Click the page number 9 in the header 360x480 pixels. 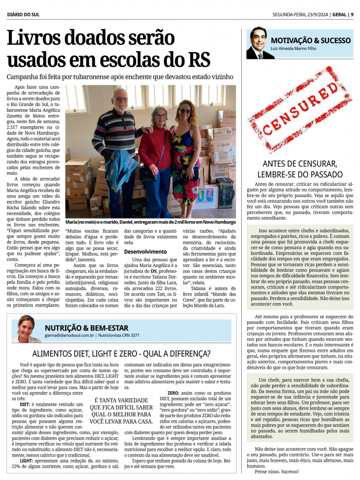pyautogui.click(x=352, y=15)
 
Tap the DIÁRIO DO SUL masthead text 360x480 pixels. pyautogui.click(x=23, y=15)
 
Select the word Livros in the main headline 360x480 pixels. pyautogui.click(x=35, y=37)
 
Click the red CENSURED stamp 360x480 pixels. pyautogui.click(x=299, y=112)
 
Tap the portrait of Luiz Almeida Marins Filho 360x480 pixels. pyautogui.click(x=259, y=44)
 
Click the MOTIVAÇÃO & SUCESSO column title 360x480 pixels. pyautogui.click(x=310, y=40)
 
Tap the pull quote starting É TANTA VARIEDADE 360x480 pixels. pyautogui.click(x=122, y=411)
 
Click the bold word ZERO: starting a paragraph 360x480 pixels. pyautogui.click(x=176, y=392)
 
